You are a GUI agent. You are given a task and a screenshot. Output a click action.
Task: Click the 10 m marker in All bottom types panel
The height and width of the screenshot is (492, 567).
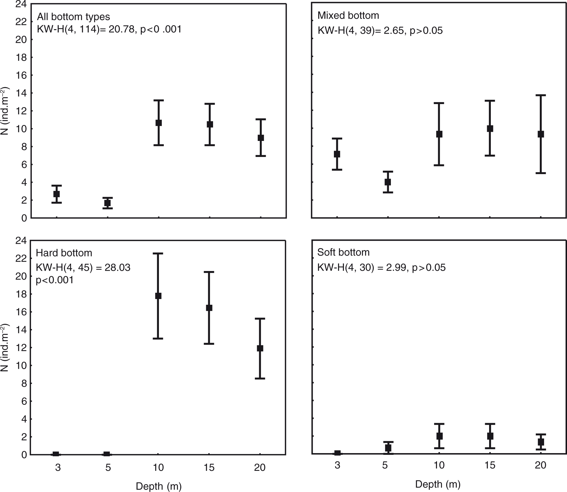158,123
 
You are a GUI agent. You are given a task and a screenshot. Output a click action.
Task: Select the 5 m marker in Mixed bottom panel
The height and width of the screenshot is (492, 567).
388,182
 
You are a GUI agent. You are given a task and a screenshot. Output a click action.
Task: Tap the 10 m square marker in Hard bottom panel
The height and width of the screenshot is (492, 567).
158,296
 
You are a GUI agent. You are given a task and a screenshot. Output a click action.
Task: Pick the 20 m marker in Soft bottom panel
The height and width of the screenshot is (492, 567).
541,442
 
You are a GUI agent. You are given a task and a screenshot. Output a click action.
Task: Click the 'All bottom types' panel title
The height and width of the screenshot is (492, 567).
73,17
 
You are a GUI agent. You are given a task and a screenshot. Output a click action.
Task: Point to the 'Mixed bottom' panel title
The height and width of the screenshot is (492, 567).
348,15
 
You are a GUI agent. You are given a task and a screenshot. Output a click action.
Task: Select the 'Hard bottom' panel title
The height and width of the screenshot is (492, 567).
64,253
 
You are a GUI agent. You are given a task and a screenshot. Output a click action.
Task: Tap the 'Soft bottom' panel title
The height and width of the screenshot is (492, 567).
343,252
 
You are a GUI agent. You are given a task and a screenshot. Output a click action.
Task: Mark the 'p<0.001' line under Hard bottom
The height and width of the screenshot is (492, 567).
54,280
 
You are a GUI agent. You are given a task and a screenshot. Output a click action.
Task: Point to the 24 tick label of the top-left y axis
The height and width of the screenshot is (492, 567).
21,4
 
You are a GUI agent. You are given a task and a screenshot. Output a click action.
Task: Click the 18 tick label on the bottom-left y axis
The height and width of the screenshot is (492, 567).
21,294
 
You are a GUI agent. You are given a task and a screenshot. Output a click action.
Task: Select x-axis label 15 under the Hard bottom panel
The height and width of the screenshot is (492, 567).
209,467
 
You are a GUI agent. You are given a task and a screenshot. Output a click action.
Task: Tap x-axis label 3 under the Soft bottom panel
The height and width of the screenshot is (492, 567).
337,465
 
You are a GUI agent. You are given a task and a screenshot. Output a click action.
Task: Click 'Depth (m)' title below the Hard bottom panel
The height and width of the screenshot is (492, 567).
159,486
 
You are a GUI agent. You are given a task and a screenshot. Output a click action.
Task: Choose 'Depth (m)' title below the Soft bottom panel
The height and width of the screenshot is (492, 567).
438,484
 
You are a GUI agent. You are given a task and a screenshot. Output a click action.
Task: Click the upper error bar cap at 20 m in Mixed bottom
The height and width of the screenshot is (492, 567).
541,95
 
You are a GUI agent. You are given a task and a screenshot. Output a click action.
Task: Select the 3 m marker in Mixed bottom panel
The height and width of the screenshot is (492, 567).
337,154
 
